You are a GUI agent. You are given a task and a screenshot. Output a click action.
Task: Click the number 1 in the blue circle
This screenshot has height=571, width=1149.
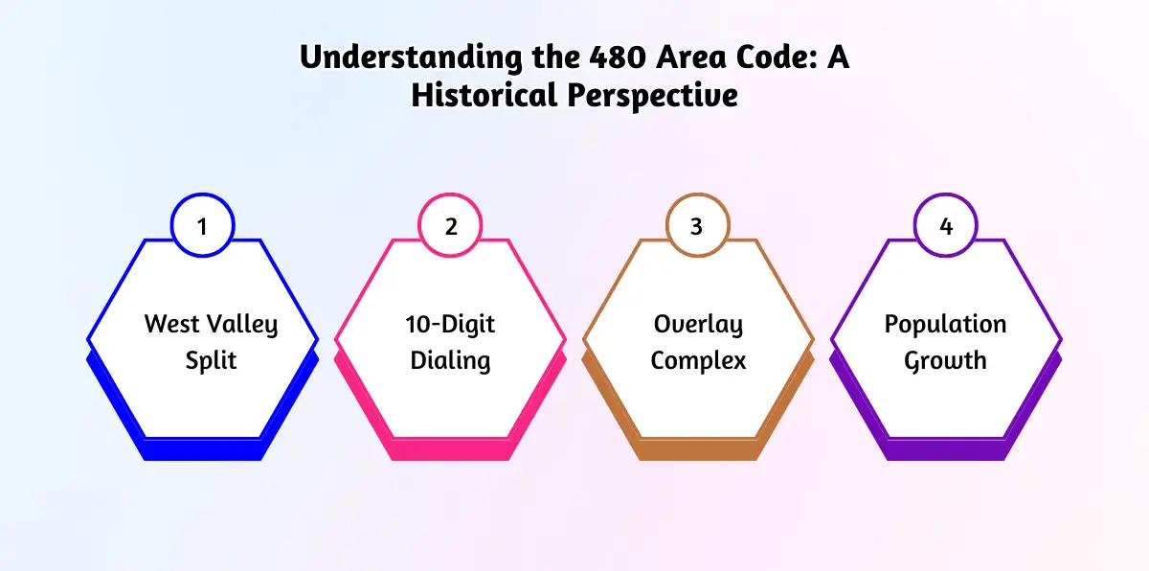click(x=202, y=227)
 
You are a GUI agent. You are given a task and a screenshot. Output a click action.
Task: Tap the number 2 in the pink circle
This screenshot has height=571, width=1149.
click(x=451, y=227)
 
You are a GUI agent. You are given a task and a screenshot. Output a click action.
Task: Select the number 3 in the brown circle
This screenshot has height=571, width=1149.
click(x=696, y=227)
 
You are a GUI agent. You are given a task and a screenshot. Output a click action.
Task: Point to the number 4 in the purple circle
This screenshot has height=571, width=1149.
click(x=946, y=227)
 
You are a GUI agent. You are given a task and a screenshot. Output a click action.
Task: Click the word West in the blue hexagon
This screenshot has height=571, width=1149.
click(x=171, y=324)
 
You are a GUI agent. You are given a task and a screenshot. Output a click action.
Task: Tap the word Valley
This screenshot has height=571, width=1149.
click(x=242, y=325)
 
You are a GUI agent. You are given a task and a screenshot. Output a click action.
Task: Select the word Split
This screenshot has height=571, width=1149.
click(x=211, y=360)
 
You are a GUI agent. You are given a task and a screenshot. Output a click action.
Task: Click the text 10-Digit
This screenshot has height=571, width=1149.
click(x=450, y=325)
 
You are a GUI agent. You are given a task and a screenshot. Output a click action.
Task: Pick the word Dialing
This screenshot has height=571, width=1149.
click(x=450, y=360)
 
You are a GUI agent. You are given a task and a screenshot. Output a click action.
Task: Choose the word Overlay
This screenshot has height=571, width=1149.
click(x=698, y=325)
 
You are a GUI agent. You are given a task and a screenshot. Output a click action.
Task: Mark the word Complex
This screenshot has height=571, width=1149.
click(x=698, y=360)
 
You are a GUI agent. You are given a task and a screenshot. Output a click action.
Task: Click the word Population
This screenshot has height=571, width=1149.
click(x=945, y=325)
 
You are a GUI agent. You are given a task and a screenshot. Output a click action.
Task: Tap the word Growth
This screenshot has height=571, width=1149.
click(x=945, y=360)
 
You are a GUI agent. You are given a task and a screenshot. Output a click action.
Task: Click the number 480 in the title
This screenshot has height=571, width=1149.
click(x=618, y=57)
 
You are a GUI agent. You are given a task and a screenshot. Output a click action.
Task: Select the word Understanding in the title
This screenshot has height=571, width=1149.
click(x=411, y=57)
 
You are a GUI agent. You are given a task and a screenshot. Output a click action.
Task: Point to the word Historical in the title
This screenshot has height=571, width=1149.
click(x=484, y=95)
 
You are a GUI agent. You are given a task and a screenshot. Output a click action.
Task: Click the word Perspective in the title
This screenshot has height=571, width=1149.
click(x=652, y=97)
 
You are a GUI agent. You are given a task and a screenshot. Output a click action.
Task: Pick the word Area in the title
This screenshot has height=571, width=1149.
click(x=691, y=57)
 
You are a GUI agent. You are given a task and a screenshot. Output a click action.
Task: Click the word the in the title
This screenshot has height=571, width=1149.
click(x=555, y=57)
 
